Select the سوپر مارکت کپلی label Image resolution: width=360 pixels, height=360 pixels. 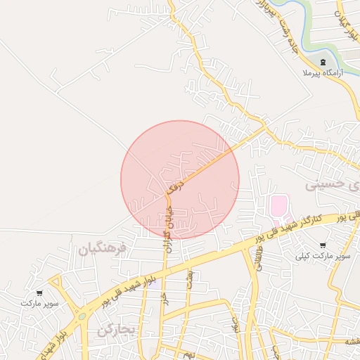pyautogui.click(x=323, y=256)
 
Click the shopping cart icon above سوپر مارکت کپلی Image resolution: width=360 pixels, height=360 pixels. pyautogui.click(x=323, y=245)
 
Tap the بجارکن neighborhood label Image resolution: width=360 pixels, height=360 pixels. pyautogui.click(x=116, y=330)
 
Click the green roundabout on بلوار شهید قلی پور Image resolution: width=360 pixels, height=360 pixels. pyautogui.click(x=82, y=316)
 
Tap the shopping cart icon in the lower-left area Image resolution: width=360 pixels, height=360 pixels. pyautogui.click(x=39, y=292)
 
